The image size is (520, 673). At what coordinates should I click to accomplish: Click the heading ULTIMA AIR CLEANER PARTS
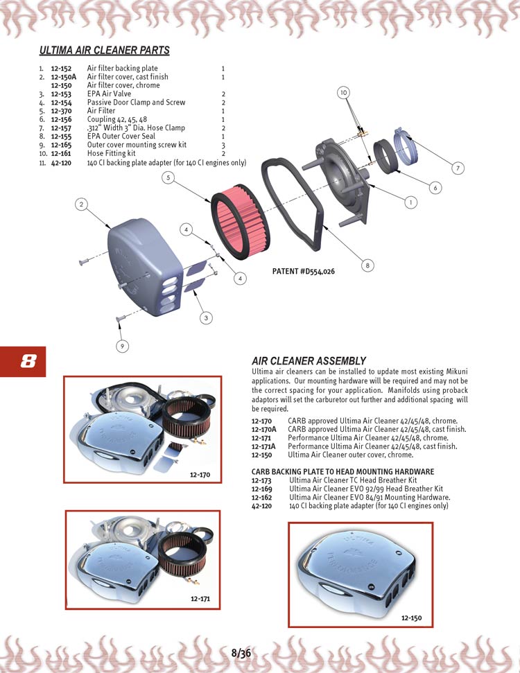(x=104, y=51)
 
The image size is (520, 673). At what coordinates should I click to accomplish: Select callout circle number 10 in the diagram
(x=345, y=92)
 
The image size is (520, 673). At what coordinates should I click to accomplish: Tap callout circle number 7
(x=457, y=168)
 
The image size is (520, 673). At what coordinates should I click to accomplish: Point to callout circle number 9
(x=122, y=345)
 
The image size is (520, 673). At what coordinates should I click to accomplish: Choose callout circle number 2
(x=82, y=204)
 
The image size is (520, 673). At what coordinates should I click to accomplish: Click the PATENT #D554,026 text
(x=304, y=272)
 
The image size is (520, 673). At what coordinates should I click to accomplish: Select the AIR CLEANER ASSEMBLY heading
(x=309, y=361)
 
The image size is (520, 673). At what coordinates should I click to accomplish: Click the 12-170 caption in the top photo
(x=200, y=475)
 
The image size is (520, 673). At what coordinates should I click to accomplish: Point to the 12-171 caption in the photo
(x=201, y=598)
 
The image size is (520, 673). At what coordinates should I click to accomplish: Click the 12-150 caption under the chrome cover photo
(x=411, y=618)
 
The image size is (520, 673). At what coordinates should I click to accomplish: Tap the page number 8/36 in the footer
(x=241, y=653)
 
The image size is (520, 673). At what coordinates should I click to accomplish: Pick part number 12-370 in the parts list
(x=61, y=111)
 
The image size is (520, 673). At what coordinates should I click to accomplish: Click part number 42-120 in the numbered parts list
(x=61, y=162)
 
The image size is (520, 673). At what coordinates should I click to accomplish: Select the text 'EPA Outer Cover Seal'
(x=121, y=137)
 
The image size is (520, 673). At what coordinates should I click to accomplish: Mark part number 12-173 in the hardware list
(x=261, y=480)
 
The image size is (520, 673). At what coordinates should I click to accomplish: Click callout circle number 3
(x=206, y=318)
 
